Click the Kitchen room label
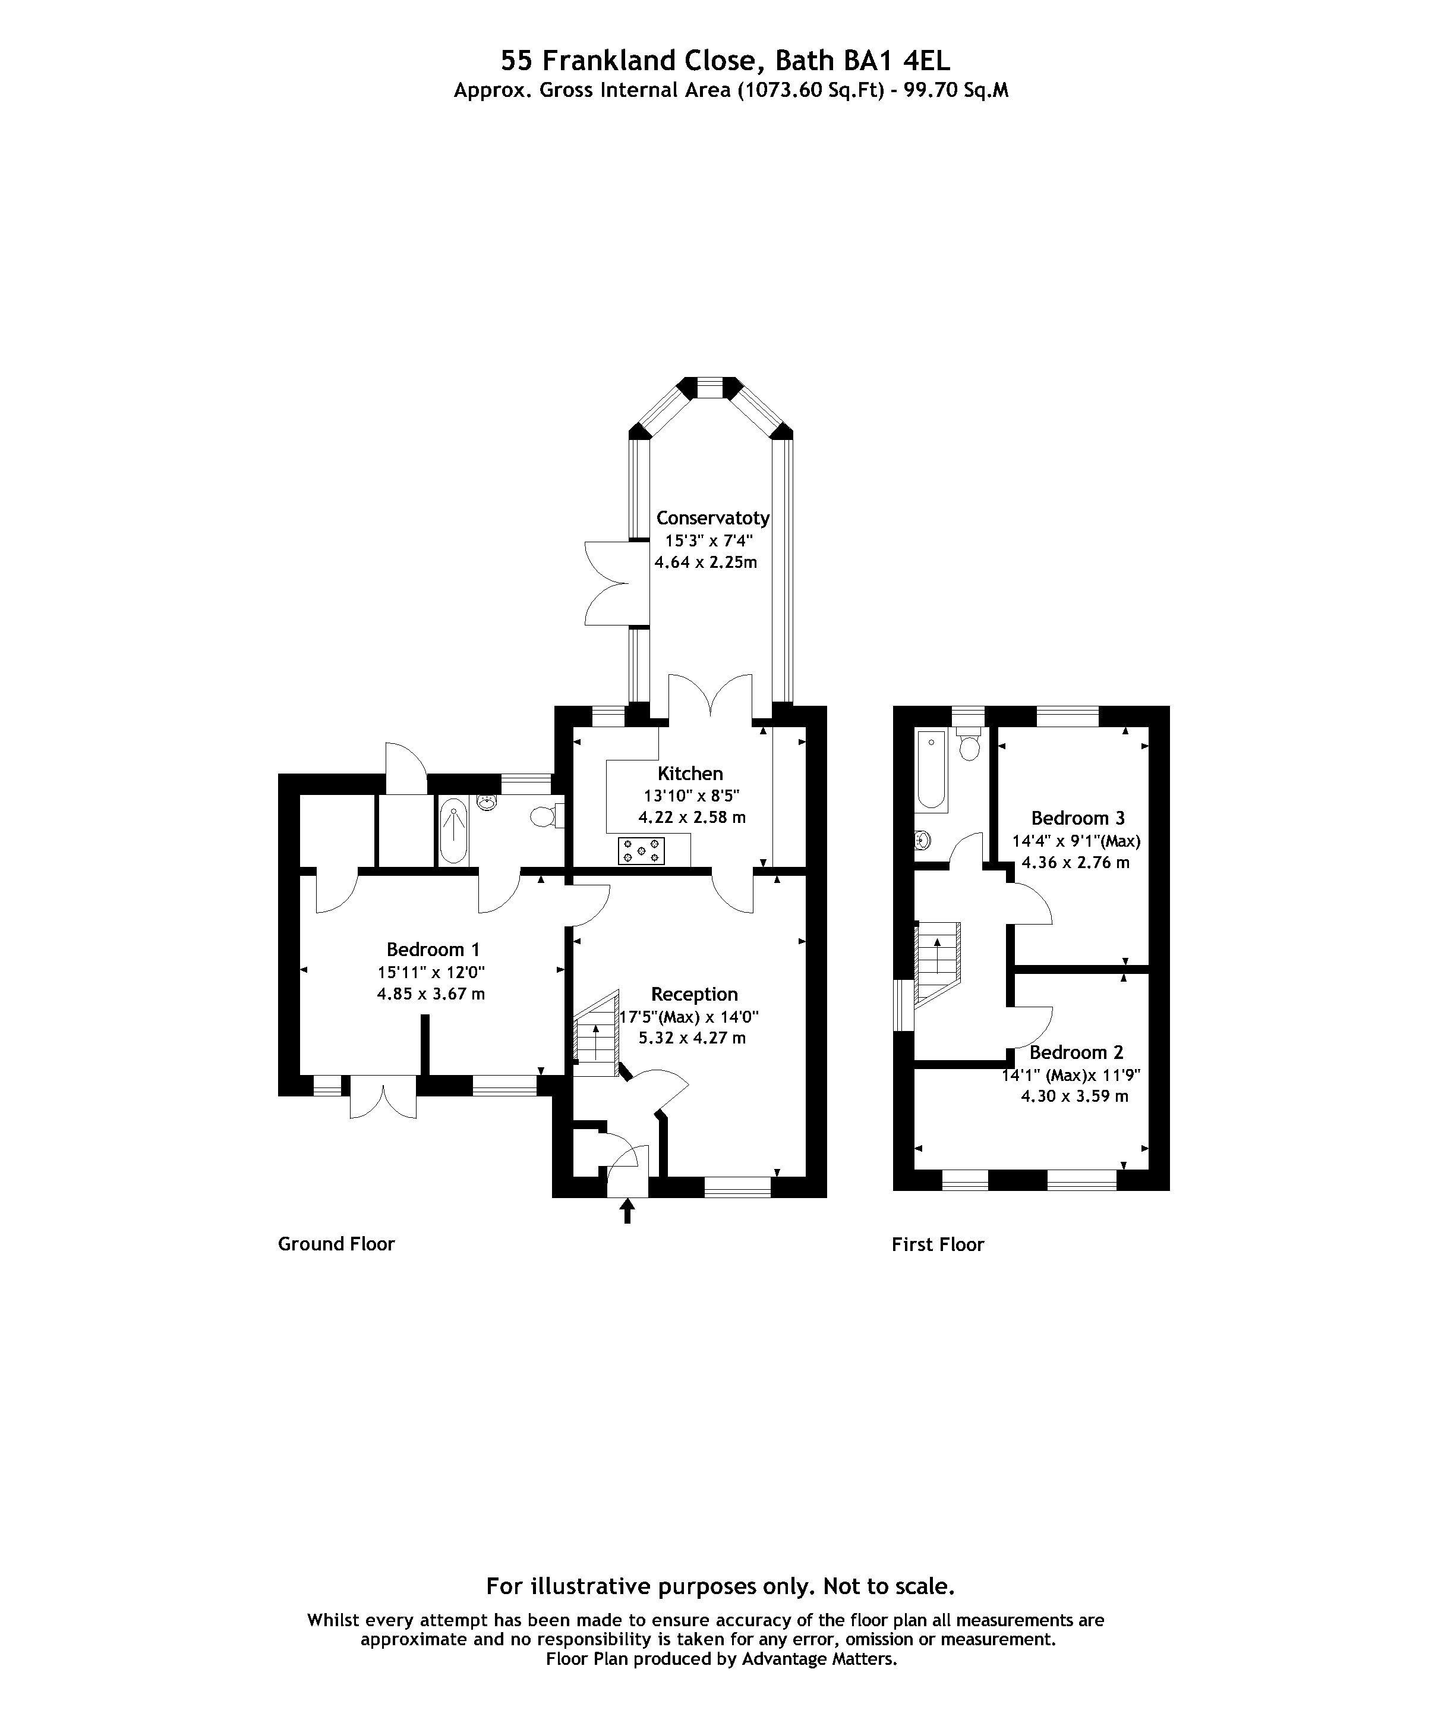[690, 774]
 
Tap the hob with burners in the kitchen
[642, 851]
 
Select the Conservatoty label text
[712, 518]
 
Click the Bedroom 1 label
[433, 950]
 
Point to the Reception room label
[694, 994]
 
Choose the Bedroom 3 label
[1078, 818]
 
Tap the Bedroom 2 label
[1076, 1052]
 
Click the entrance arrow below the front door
[627, 1211]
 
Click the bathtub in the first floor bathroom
[931, 770]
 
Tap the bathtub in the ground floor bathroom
[453, 832]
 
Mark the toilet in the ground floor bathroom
[544, 816]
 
